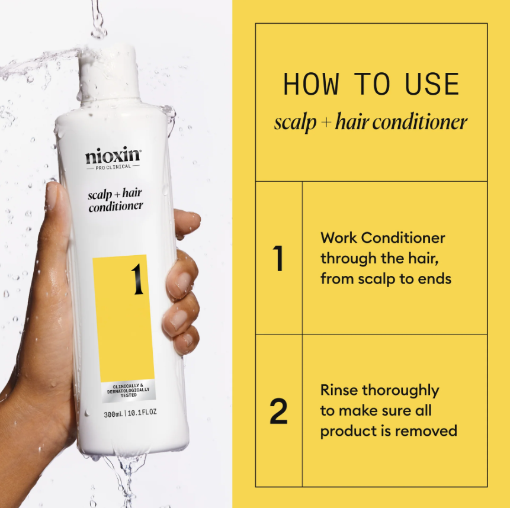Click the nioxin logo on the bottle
(x=113, y=157)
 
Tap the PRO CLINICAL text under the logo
(x=113, y=168)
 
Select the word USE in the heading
(x=432, y=85)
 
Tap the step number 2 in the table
(x=278, y=411)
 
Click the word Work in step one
(x=338, y=238)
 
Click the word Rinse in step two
(x=339, y=391)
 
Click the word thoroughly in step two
(x=400, y=391)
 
